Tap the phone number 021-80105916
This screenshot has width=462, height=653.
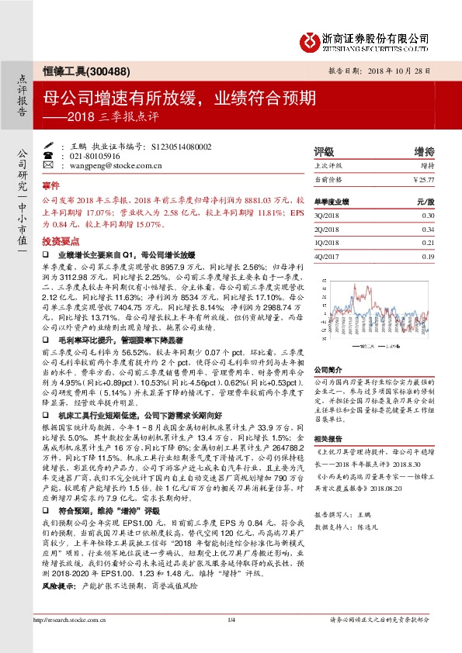pyautogui.click(x=115, y=156)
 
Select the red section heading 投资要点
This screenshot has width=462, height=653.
pyautogui.click(x=60, y=240)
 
